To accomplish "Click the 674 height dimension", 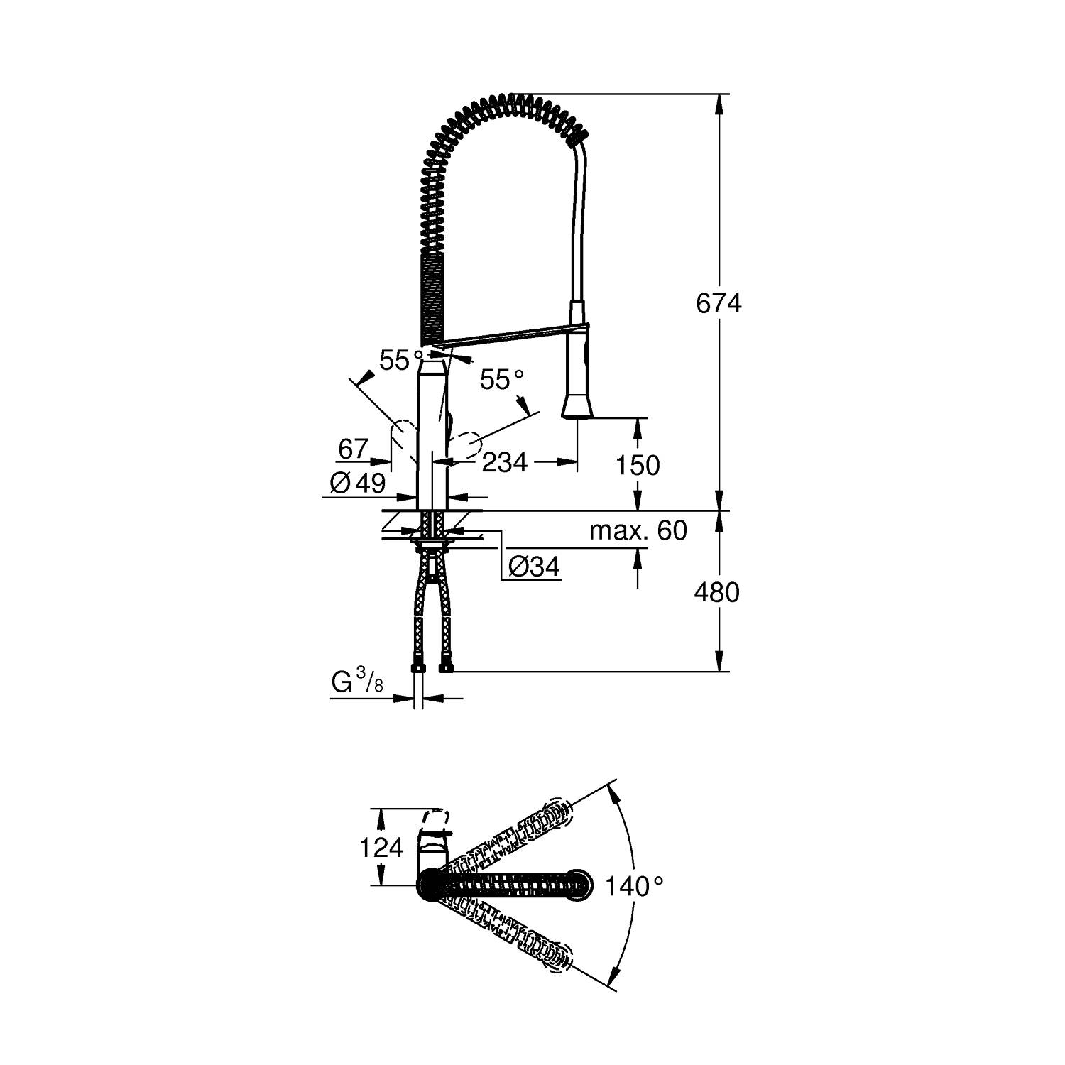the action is (x=719, y=303).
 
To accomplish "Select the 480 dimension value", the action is (x=717, y=591).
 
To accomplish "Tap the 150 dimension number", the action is (x=638, y=465).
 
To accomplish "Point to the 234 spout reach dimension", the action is (x=505, y=463).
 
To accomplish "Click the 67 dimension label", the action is (x=353, y=449).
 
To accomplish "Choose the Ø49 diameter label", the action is (x=358, y=484).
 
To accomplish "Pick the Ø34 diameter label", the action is (x=534, y=567).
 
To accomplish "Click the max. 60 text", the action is (x=638, y=530).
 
